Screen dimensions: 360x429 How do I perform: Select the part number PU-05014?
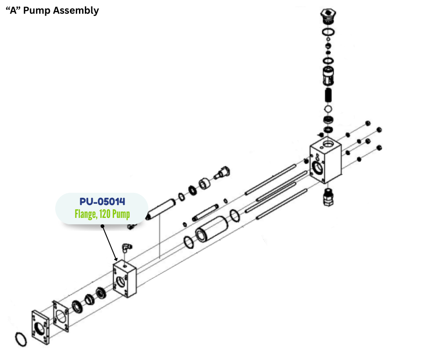pyautogui.click(x=102, y=201)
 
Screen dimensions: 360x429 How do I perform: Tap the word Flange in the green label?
pyautogui.click(x=86, y=214)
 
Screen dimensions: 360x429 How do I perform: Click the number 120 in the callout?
pyautogui.click(x=106, y=214)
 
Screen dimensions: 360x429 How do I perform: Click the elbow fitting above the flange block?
pyautogui.click(x=125, y=248)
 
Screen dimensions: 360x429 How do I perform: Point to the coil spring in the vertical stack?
pyautogui.click(x=328, y=96)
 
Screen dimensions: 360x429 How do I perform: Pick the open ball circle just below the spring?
pyautogui.click(x=328, y=109)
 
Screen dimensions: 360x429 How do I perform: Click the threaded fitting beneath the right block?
pyautogui.click(x=329, y=197)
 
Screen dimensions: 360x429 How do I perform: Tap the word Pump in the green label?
pyautogui.click(x=121, y=214)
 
